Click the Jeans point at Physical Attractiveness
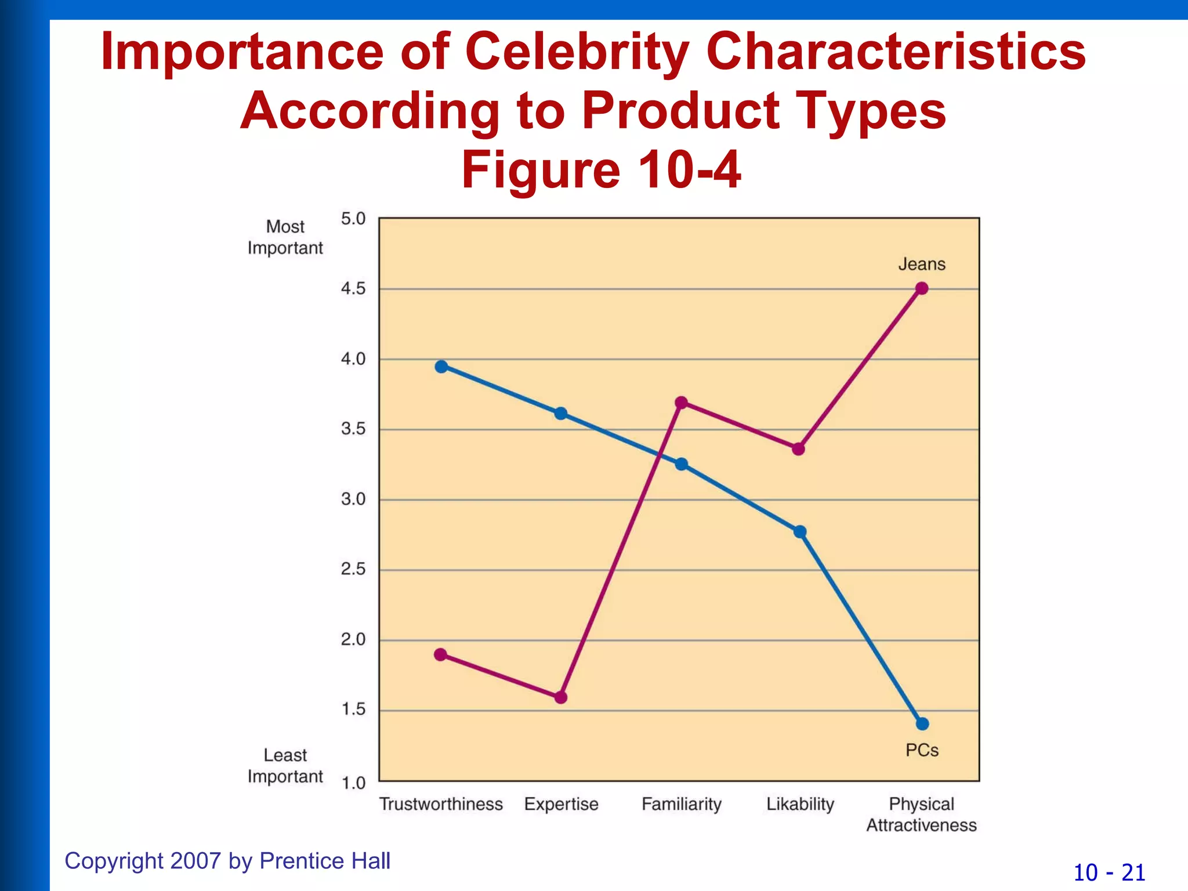pos(922,288)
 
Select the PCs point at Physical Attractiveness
pos(922,724)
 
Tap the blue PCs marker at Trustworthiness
pos(441,367)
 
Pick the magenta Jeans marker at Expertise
pos(561,697)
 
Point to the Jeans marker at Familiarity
pos(682,403)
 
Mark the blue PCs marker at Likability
pos(800,532)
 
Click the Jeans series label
pos(922,265)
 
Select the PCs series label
pos(922,750)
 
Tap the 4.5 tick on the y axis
pos(353,289)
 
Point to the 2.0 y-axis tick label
pos(353,640)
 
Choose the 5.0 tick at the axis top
pos(353,219)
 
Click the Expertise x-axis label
pos(561,804)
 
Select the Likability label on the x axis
pos(800,804)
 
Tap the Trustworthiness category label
pos(441,804)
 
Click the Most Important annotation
pos(285,237)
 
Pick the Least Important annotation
pos(285,766)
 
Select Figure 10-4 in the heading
pos(601,170)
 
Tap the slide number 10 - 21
pos(1109,872)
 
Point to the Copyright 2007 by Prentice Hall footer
pos(227,861)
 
